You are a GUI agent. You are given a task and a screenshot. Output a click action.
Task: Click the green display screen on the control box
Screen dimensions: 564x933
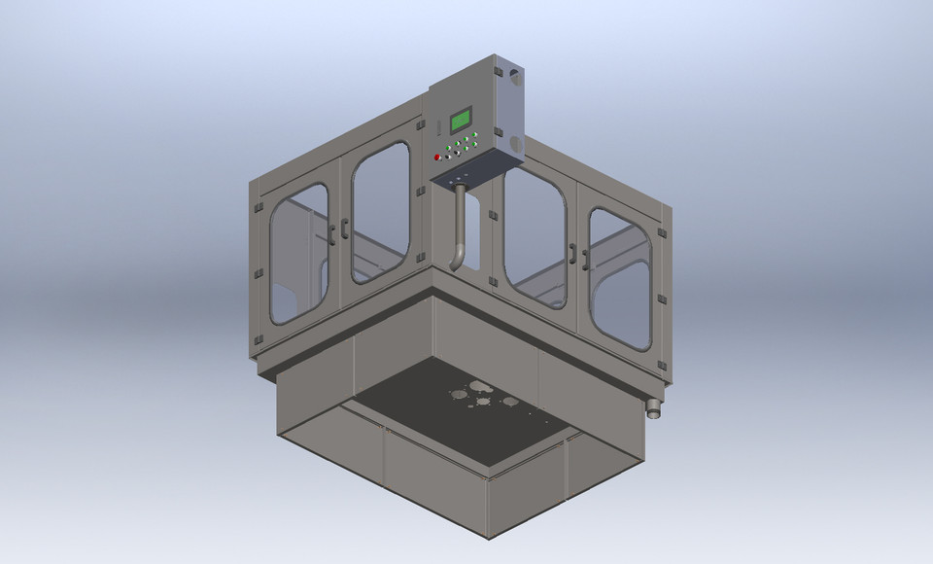[x=461, y=120]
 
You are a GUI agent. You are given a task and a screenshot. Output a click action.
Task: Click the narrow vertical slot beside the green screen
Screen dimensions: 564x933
[x=439, y=124]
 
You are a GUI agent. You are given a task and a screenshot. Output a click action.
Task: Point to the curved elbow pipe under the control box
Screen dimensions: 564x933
[x=459, y=233]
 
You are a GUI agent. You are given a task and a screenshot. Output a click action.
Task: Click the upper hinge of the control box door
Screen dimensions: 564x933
[x=497, y=72]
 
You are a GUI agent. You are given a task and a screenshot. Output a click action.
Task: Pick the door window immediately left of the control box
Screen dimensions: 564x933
[x=380, y=211]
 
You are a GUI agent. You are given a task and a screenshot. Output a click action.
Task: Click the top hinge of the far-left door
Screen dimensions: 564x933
[x=258, y=207]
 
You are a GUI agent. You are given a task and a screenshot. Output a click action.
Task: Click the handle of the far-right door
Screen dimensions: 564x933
[x=586, y=256]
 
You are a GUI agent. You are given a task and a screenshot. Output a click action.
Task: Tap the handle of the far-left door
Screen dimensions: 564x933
[x=332, y=231]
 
